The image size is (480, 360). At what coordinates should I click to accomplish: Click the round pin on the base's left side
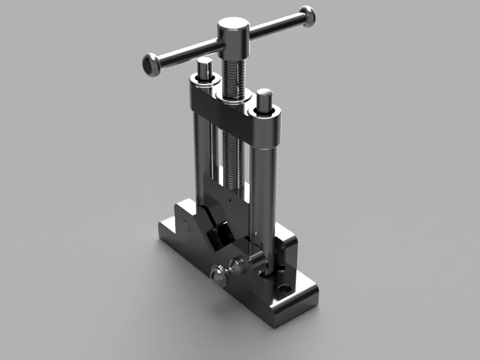tap(185, 226)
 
